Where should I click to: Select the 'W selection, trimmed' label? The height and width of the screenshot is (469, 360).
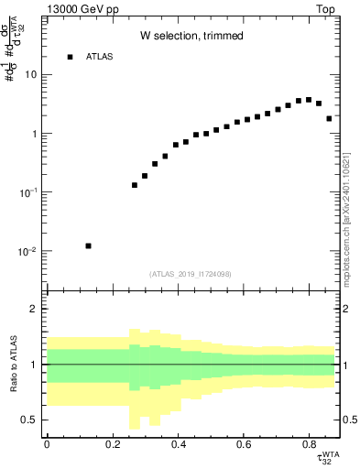191,36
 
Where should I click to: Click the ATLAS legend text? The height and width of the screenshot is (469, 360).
100,57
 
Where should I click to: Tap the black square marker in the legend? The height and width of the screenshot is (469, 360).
70,57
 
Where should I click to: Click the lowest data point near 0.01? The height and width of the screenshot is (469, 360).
88,245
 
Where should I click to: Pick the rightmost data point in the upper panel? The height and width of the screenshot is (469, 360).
329,118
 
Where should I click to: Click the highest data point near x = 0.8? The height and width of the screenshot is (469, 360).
309,100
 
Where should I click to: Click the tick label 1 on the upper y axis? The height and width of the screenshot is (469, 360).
34,134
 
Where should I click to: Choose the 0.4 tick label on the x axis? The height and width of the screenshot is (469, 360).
177,445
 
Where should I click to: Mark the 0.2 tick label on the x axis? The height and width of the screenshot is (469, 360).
112,445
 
